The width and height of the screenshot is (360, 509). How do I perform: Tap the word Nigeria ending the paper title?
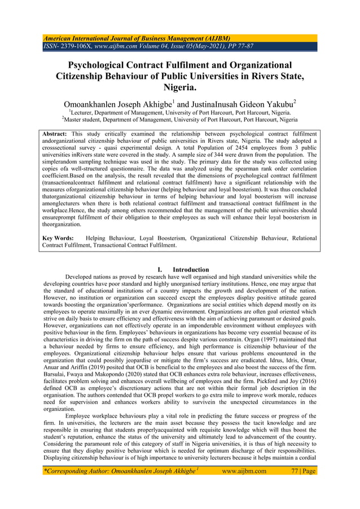(x=179, y=87)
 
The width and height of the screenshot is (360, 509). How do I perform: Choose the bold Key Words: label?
(x=58, y=239)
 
